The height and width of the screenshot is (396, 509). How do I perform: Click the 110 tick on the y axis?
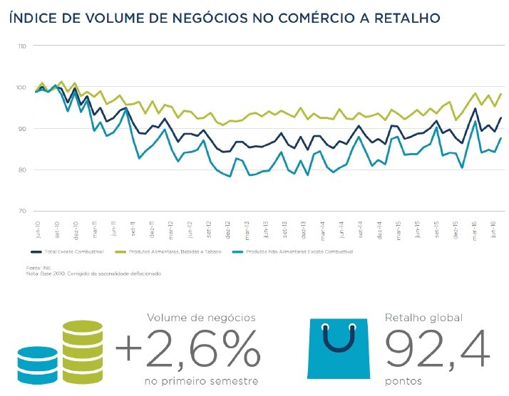point(21,46)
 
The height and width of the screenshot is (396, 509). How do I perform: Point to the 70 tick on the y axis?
point(22,212)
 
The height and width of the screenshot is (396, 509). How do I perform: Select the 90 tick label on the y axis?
point(22,129)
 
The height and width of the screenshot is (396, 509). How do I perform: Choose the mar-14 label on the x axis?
point(323,231)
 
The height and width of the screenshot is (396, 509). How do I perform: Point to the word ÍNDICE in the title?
point(33,16)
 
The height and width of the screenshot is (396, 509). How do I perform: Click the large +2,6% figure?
point(187,349)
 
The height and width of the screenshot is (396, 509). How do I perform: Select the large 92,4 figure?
point(437,349)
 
